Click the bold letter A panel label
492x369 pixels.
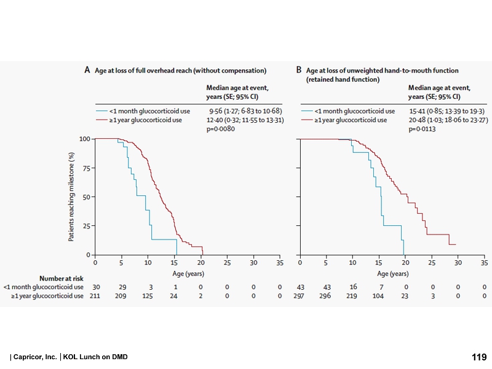coord(87,71)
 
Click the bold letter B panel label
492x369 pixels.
coord(299,71)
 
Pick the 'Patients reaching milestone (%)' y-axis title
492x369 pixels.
coord(71,196)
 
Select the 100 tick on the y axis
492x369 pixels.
coord(85,139)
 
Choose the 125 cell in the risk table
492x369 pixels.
coord(148,296)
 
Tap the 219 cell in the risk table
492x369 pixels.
coord(352,296)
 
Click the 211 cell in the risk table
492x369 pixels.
coord(95,296)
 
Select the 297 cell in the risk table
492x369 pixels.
coord(300,296)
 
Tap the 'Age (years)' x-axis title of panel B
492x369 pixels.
coord(392,273)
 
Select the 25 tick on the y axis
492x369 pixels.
coord(87,225)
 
